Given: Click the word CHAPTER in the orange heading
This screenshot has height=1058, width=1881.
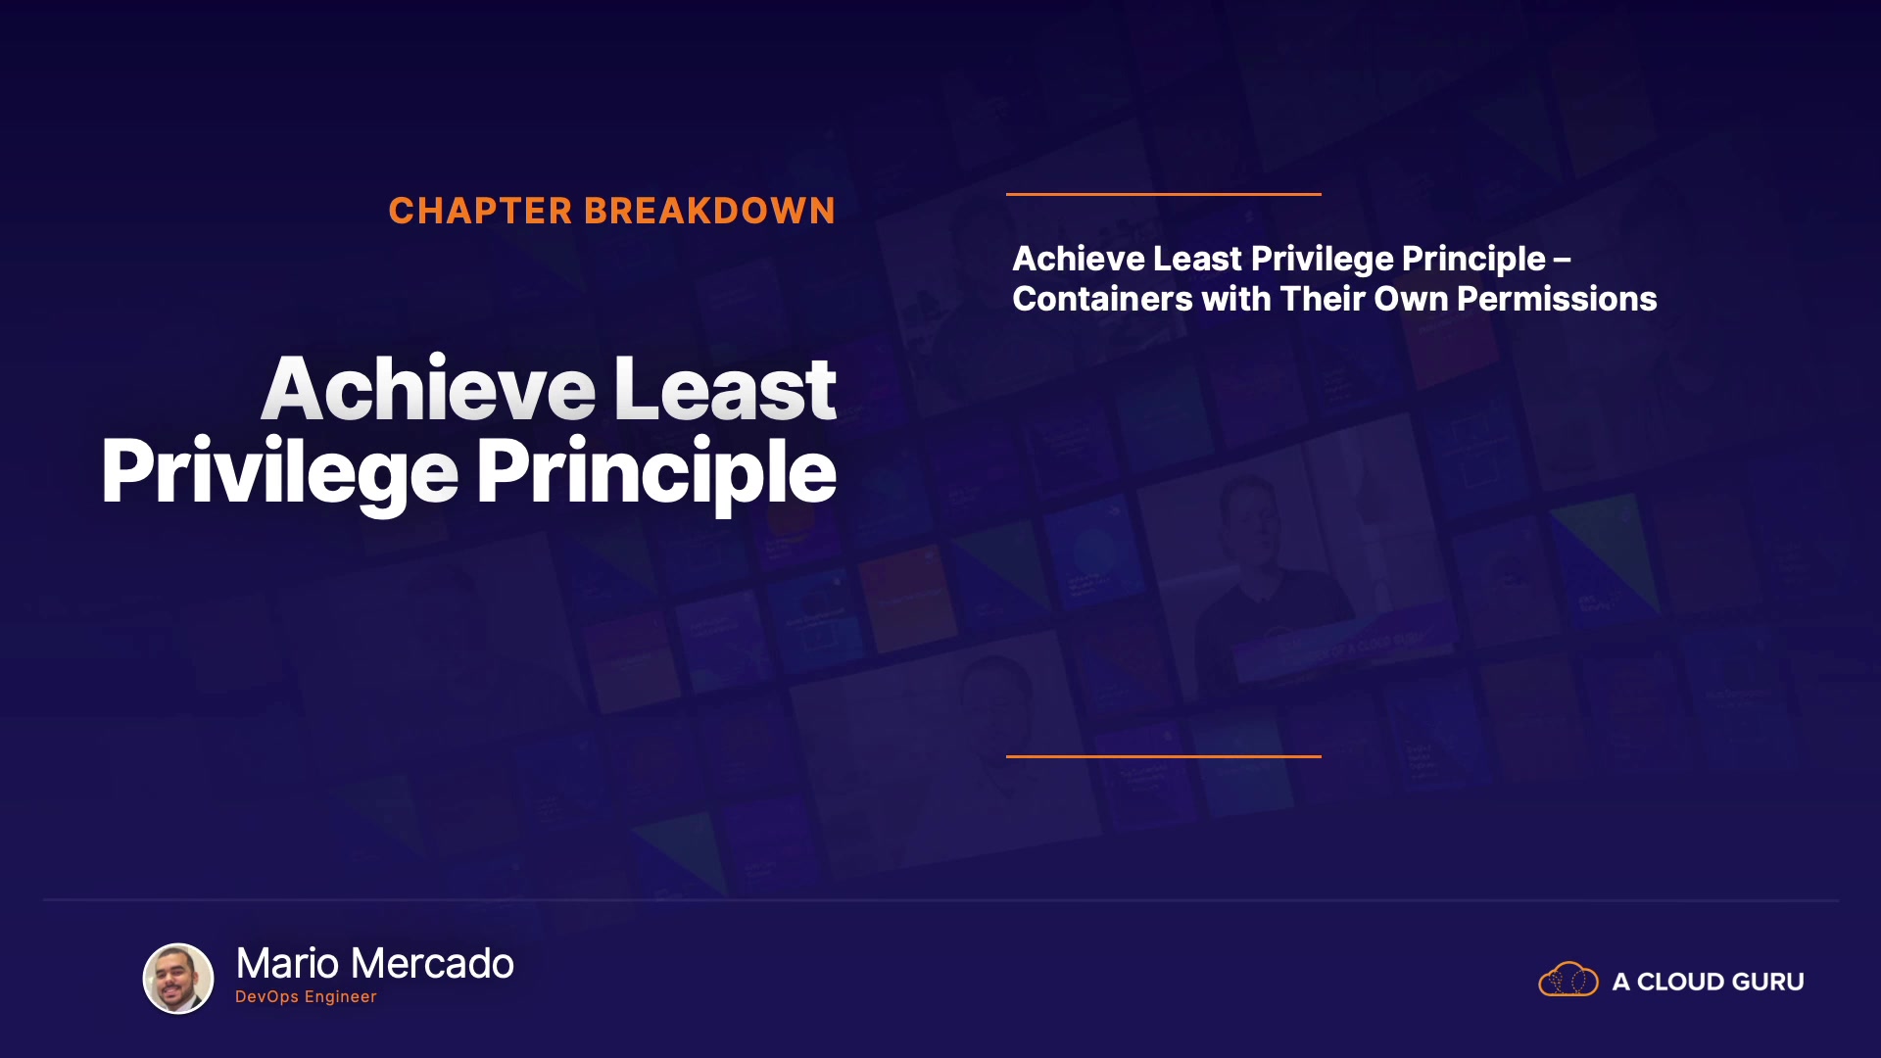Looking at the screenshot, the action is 480,211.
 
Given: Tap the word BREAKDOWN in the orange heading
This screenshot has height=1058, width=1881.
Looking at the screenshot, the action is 709,211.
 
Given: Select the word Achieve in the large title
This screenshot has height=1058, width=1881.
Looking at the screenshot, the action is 428,389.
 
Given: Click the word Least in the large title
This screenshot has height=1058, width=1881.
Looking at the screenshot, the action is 725,389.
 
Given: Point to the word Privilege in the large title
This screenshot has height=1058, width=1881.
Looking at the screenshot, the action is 280,473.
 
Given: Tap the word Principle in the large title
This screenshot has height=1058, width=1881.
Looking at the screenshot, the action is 656,473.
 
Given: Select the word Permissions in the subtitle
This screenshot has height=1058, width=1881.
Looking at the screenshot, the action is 1557,299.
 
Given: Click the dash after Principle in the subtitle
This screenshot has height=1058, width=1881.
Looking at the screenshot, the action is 1563,260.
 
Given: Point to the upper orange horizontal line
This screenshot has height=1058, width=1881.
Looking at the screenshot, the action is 1164,194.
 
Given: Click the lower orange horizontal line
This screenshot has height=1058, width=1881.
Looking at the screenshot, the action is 1164,756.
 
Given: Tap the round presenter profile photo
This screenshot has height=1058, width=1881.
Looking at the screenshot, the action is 178,979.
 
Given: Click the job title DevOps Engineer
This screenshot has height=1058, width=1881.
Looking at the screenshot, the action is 306,997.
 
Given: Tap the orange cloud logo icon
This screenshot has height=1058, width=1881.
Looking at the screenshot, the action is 1568,979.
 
